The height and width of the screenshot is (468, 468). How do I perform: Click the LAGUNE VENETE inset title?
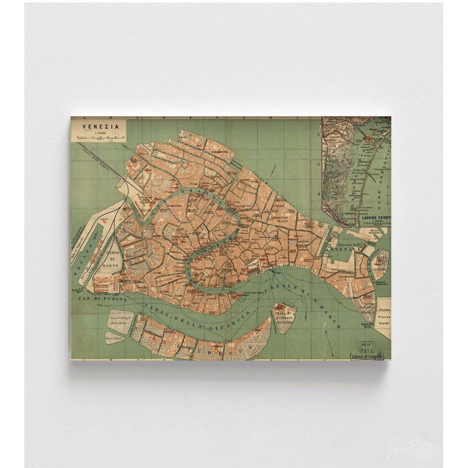pos(375,218)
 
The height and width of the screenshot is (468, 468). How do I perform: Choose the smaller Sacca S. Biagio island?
pos(114,337)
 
